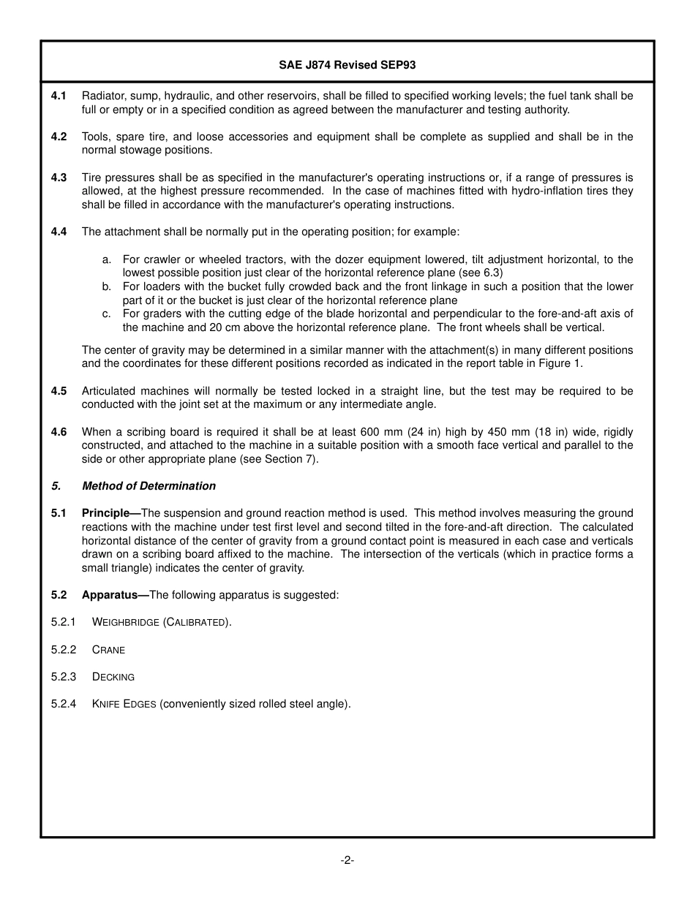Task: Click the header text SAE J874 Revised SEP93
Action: (347, 64)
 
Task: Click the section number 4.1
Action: (59, 96)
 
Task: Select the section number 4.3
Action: (59, 178)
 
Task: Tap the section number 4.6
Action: (59, 432)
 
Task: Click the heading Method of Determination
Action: (149, 486)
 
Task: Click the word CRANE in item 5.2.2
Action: (108, 650)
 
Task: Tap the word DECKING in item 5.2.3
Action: (113, 677)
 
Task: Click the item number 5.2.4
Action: (64, 705)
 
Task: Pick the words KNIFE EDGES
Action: (124, 705)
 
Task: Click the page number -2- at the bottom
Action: (347, 860)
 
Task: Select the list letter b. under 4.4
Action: (107, 287)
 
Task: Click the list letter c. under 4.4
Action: (107, 314)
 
